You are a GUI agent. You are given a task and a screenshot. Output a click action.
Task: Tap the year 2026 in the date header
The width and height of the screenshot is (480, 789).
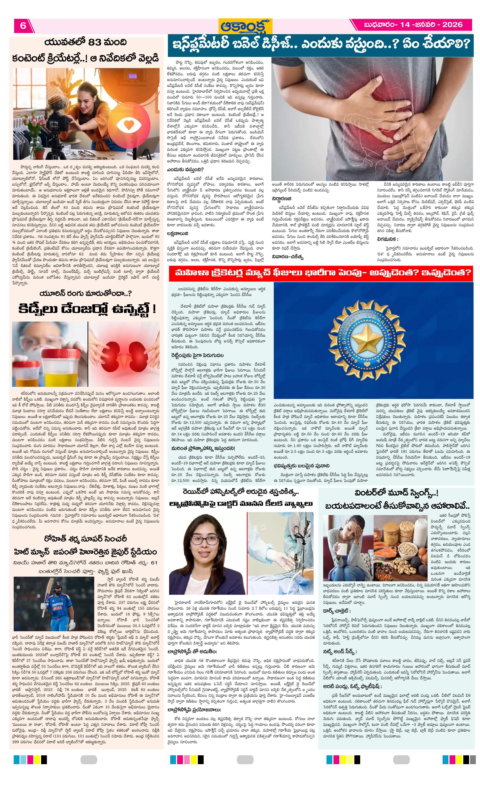click(452, 25)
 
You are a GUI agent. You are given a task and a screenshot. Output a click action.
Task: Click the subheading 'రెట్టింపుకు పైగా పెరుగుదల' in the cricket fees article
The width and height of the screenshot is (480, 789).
click(197, 355)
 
